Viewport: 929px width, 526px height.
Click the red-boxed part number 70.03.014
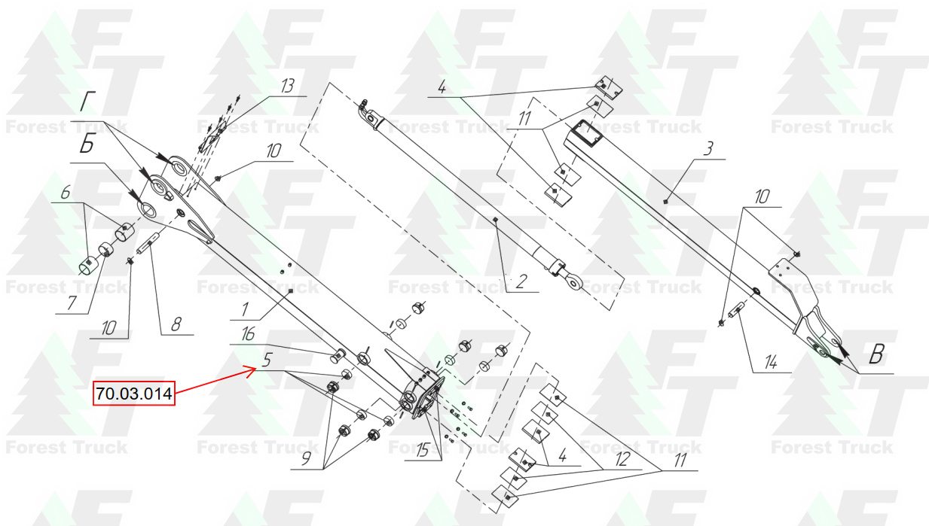[x=133, y=394]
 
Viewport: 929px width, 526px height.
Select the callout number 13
[x=287, y=86]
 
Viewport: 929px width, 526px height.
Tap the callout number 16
[x=248, y=334]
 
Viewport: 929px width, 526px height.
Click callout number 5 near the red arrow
[x=267, y=360]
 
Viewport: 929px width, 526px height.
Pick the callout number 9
[x=306, y=458]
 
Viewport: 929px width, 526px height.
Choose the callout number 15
[x=422, y=450]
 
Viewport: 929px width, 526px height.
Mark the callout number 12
[x=622, y=459]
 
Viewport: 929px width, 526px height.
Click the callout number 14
[x=770, y=363]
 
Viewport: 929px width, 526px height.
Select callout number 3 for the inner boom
[x=708, y=148]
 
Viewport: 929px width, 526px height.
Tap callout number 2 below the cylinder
[x=521, y=281]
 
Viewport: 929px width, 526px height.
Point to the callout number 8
[x=176, y=324]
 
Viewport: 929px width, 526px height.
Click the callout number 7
[x=72, y=303]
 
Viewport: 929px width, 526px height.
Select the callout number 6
[x=66, y=193]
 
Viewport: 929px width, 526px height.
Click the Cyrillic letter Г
[x=87, y=102]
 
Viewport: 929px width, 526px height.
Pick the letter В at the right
[x=876, y=354]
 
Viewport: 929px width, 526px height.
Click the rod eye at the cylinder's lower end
[x=574, y=282]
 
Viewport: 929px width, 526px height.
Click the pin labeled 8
[x=148, y=244]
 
